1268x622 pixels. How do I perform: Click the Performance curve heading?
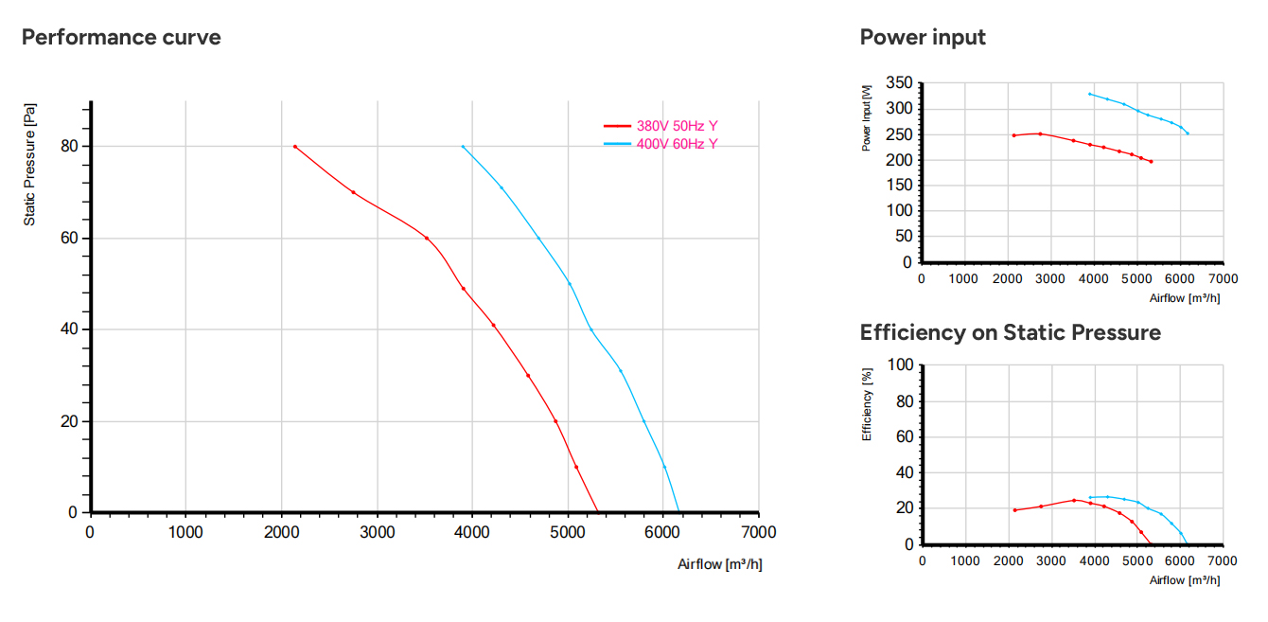tap(121, 37)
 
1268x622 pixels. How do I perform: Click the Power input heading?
tap(923, 37)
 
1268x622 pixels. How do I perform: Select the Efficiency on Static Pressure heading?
tap(1011, 332)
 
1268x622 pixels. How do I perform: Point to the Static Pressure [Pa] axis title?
tap(29, 165)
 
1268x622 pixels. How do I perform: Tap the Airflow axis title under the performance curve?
tap(719, 564)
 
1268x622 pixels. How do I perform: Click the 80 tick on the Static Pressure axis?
tap(69, 146)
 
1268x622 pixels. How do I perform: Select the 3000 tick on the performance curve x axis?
tap(377, 532)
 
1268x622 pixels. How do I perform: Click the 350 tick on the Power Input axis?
tap(899, 82)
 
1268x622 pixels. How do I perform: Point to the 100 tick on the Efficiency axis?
tap(900, 364)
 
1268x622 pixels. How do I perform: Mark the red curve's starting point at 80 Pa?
tap(295, 147)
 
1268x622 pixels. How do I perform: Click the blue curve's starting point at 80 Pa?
tap(463, 147)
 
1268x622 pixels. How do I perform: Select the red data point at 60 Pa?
tap(426, 239)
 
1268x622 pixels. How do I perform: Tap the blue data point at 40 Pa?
tap(591, 329)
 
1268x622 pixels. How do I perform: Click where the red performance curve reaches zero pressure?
tap(598, 511)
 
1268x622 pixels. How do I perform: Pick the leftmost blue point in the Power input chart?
tap(1090, 94)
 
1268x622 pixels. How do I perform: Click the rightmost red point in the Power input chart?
tap(1151, 162)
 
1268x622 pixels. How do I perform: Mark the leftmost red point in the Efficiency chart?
tap(1014, 510)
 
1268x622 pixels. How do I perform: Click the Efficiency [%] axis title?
tap(867, 404)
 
